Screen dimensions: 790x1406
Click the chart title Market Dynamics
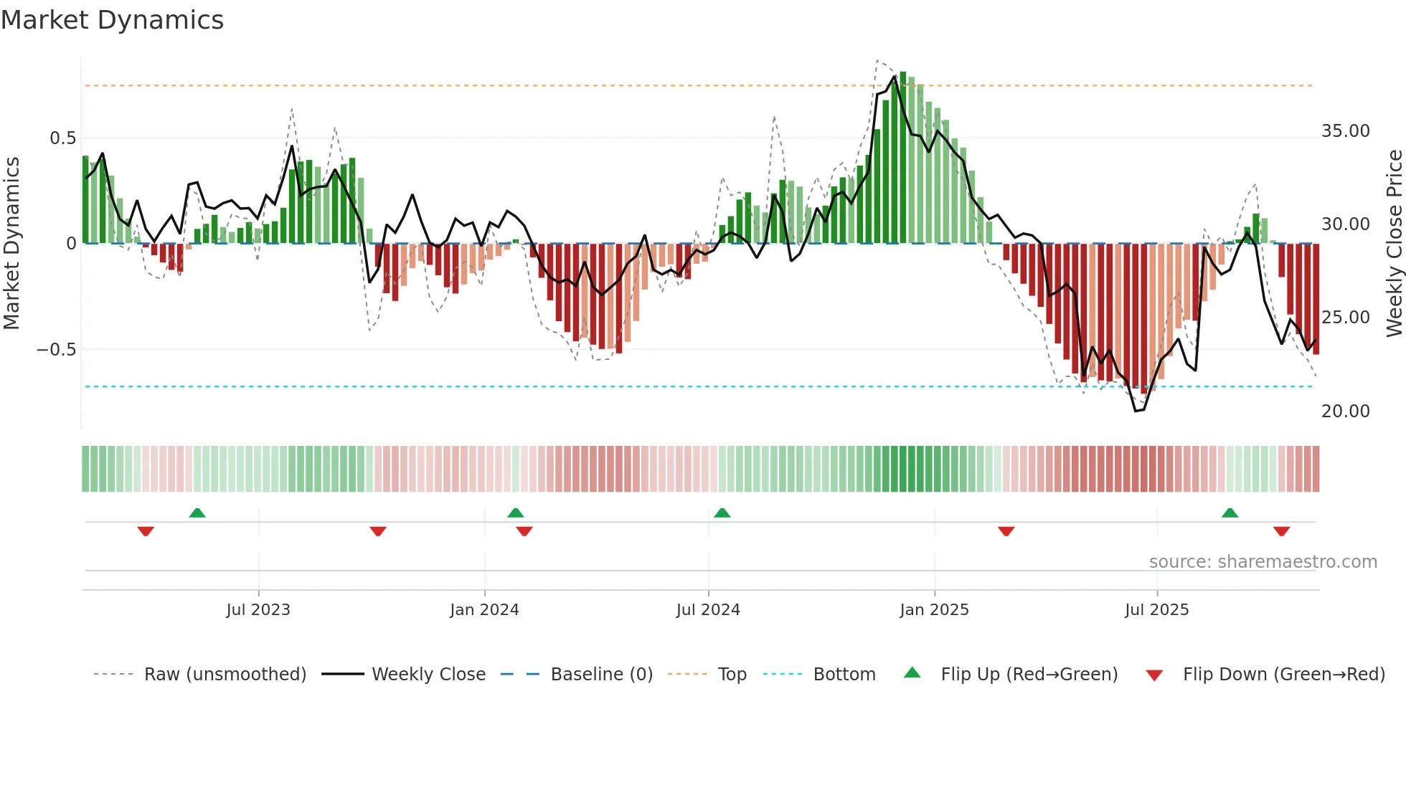(x=113, y=20)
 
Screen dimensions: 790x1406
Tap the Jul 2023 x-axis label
(x=258, y=610)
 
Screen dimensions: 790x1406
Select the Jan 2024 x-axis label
(x=484, y=610)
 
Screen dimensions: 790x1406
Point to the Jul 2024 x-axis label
(x=708, y=610)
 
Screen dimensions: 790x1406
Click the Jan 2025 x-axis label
(x=934, y=610)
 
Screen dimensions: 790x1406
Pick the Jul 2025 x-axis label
(x=1156, y=610)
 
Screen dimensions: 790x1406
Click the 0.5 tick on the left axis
(x=62, y=138)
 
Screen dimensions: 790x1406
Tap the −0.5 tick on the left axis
(x=56, y=350)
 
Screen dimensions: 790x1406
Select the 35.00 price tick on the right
(x=1346, y=131)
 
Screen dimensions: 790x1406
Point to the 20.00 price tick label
(x=1346, y=411)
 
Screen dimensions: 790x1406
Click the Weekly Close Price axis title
(x=1394, y=244)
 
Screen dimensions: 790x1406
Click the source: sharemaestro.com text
(x=1263, y=562)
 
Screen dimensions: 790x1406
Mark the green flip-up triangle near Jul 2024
(x=722, y=513)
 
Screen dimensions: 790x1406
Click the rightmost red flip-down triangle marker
(x=1282, y=531)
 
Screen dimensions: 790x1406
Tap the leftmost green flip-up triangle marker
(x=197, y=513)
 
